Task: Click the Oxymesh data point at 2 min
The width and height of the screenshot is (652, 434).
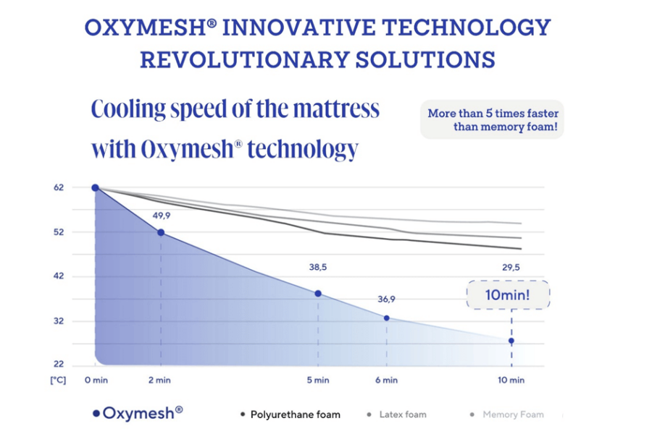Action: pos(161,232)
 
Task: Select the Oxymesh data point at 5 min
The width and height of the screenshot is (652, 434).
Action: pos(318,294)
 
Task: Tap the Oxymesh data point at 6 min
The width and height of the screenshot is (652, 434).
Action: pos(386,318)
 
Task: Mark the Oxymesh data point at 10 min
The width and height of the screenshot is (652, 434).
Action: pos(511,341)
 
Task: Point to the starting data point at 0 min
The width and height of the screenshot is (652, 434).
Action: pos(96,188)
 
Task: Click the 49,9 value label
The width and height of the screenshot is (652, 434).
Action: pos(161,215)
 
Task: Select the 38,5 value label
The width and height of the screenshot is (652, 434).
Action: pos(318,267)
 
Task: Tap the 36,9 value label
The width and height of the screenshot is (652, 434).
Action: pos(386,299)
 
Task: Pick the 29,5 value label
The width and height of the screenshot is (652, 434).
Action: pos(511,267)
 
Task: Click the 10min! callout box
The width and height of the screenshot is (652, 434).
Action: pos(509,295)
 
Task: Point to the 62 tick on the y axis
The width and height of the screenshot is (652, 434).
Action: pos(59,187)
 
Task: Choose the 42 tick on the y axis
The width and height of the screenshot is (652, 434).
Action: pos(59,276)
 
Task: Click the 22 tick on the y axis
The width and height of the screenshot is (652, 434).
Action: pos(59,365)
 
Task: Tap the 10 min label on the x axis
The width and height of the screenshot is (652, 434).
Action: pos(511,380)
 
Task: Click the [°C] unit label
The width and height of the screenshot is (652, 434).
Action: pos(57,380)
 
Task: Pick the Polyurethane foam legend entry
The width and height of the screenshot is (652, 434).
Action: pos(290,414)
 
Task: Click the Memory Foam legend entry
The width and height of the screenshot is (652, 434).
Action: pos(507,414)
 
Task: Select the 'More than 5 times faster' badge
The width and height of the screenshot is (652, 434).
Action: pos(493,120)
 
